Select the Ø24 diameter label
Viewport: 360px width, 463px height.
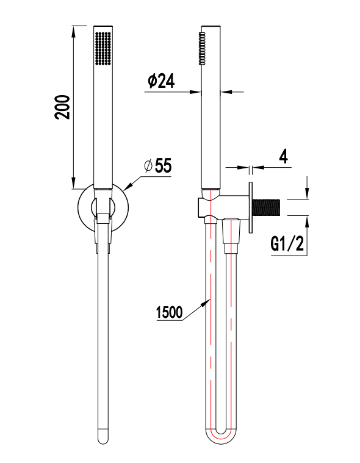point(160,82)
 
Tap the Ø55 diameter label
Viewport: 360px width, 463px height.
point(157,166)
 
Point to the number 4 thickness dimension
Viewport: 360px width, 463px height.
point(283,156)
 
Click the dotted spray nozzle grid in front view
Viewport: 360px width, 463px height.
point(102,49)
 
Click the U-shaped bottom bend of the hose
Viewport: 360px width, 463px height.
point(220,437)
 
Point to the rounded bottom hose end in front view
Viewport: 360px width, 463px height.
point(103,436)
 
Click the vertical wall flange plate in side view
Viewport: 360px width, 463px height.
point(251,207)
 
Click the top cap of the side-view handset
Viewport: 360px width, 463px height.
point(211,28)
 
